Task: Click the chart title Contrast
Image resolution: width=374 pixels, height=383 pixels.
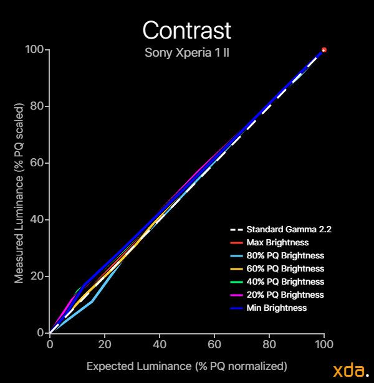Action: tap(186, 30)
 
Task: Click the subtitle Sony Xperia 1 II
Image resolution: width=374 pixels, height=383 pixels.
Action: tap(186, 52)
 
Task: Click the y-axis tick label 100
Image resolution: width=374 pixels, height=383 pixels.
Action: tap(34, 50)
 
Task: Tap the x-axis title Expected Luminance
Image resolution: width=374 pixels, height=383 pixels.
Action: tap(186, 366)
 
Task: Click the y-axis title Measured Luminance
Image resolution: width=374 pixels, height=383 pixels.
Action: tap(19, 191)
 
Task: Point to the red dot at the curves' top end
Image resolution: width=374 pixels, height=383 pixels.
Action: tap(324, 50)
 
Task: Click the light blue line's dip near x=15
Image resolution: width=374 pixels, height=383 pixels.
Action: tap(92, 302)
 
